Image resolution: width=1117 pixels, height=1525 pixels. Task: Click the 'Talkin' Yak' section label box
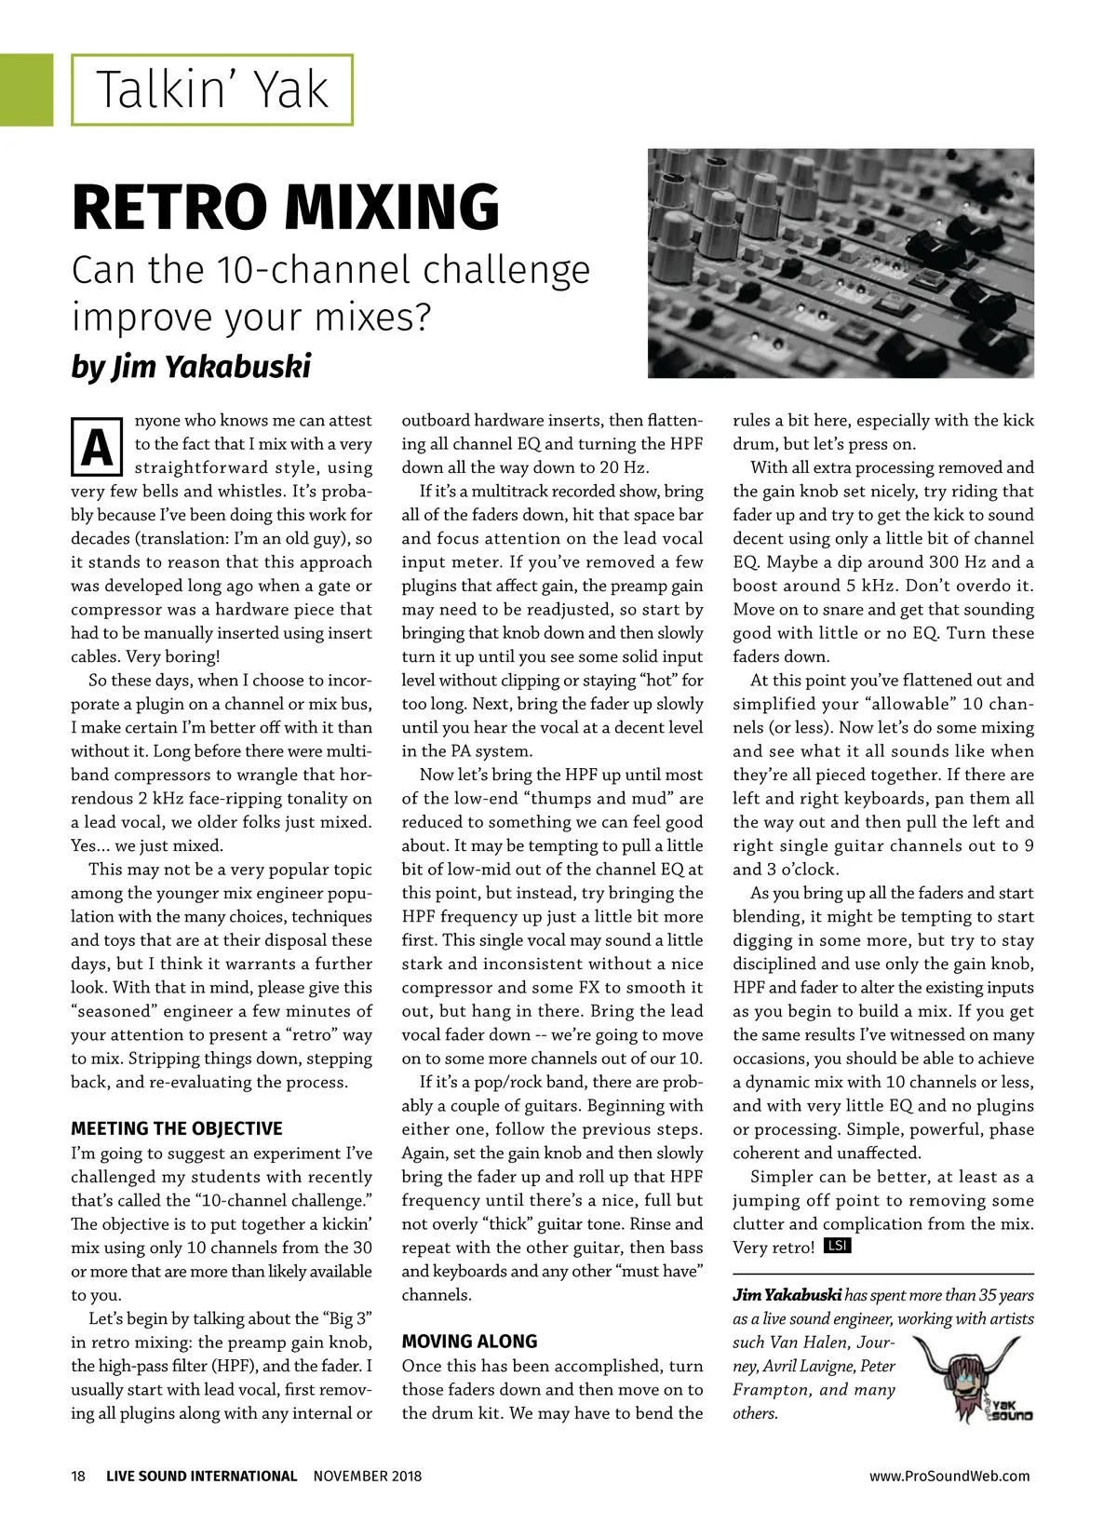pyautogui.click(x=212, y=90)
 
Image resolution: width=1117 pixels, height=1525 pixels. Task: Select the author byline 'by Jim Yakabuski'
pyautogui.click(x=191, y=366)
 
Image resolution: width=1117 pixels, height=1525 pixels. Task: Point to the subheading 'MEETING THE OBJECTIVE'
pyautogui.click(x=177, y=1128)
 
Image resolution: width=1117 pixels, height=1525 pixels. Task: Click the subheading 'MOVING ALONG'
pyautogui.click(x=469, y=1342)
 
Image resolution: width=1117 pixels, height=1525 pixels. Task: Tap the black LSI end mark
pyautogui.click(x=837, y=1246)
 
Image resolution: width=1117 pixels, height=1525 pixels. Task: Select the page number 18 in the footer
pyautogui.click(x=78, y=1476)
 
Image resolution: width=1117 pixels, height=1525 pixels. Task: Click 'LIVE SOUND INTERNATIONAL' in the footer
pyautogui.click(x=201, y=1476)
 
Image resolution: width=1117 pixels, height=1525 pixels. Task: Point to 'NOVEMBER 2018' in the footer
pyautogui.click(x=367, y=1476)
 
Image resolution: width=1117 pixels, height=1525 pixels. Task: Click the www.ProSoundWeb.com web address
pyautogui.click(x=949, y=1476)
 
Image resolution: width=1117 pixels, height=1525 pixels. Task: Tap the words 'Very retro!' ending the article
pyautogui.click(x=773, y=1248)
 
